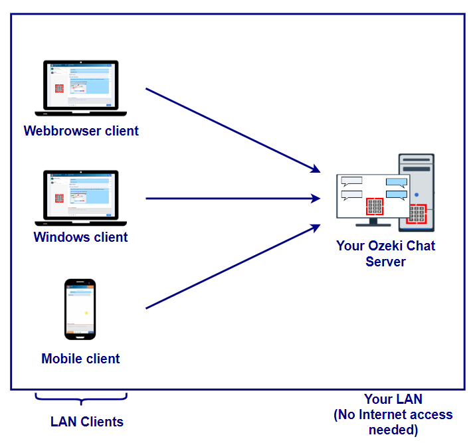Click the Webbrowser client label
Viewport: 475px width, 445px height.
click(x=81, y=131)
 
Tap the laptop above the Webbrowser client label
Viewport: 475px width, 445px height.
click(x=80, y=86)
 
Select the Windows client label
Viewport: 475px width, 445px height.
click(x=80, y=237)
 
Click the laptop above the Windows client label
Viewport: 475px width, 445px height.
click(x=80, y=195)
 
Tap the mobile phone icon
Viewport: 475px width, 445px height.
click(x=80, y=309)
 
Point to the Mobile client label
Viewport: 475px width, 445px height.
click(x=80, y=359)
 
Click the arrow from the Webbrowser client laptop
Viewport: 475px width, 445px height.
click(x=229, y=129)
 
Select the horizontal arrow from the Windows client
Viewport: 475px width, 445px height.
click(x=229, y=198)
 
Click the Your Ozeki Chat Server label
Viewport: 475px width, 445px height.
click(x=385, y=253)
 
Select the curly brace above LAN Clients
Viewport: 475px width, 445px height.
click(x=80, y=399)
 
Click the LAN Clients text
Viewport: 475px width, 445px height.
click(x=86, y=422)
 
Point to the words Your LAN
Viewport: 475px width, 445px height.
click(x=393, y=399)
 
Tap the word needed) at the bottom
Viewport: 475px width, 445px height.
click(x=393, y=430)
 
